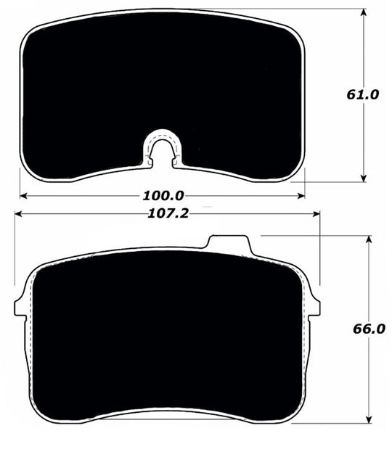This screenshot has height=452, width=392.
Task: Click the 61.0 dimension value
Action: point(364,94)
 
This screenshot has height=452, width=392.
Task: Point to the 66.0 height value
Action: point(369,329)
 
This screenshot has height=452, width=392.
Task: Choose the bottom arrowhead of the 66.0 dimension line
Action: point(369,419)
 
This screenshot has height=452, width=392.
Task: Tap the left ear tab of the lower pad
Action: point(20,306)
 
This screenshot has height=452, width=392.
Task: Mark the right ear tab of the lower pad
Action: point(314,306)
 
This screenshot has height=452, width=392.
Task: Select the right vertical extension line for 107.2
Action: point(319,254)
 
